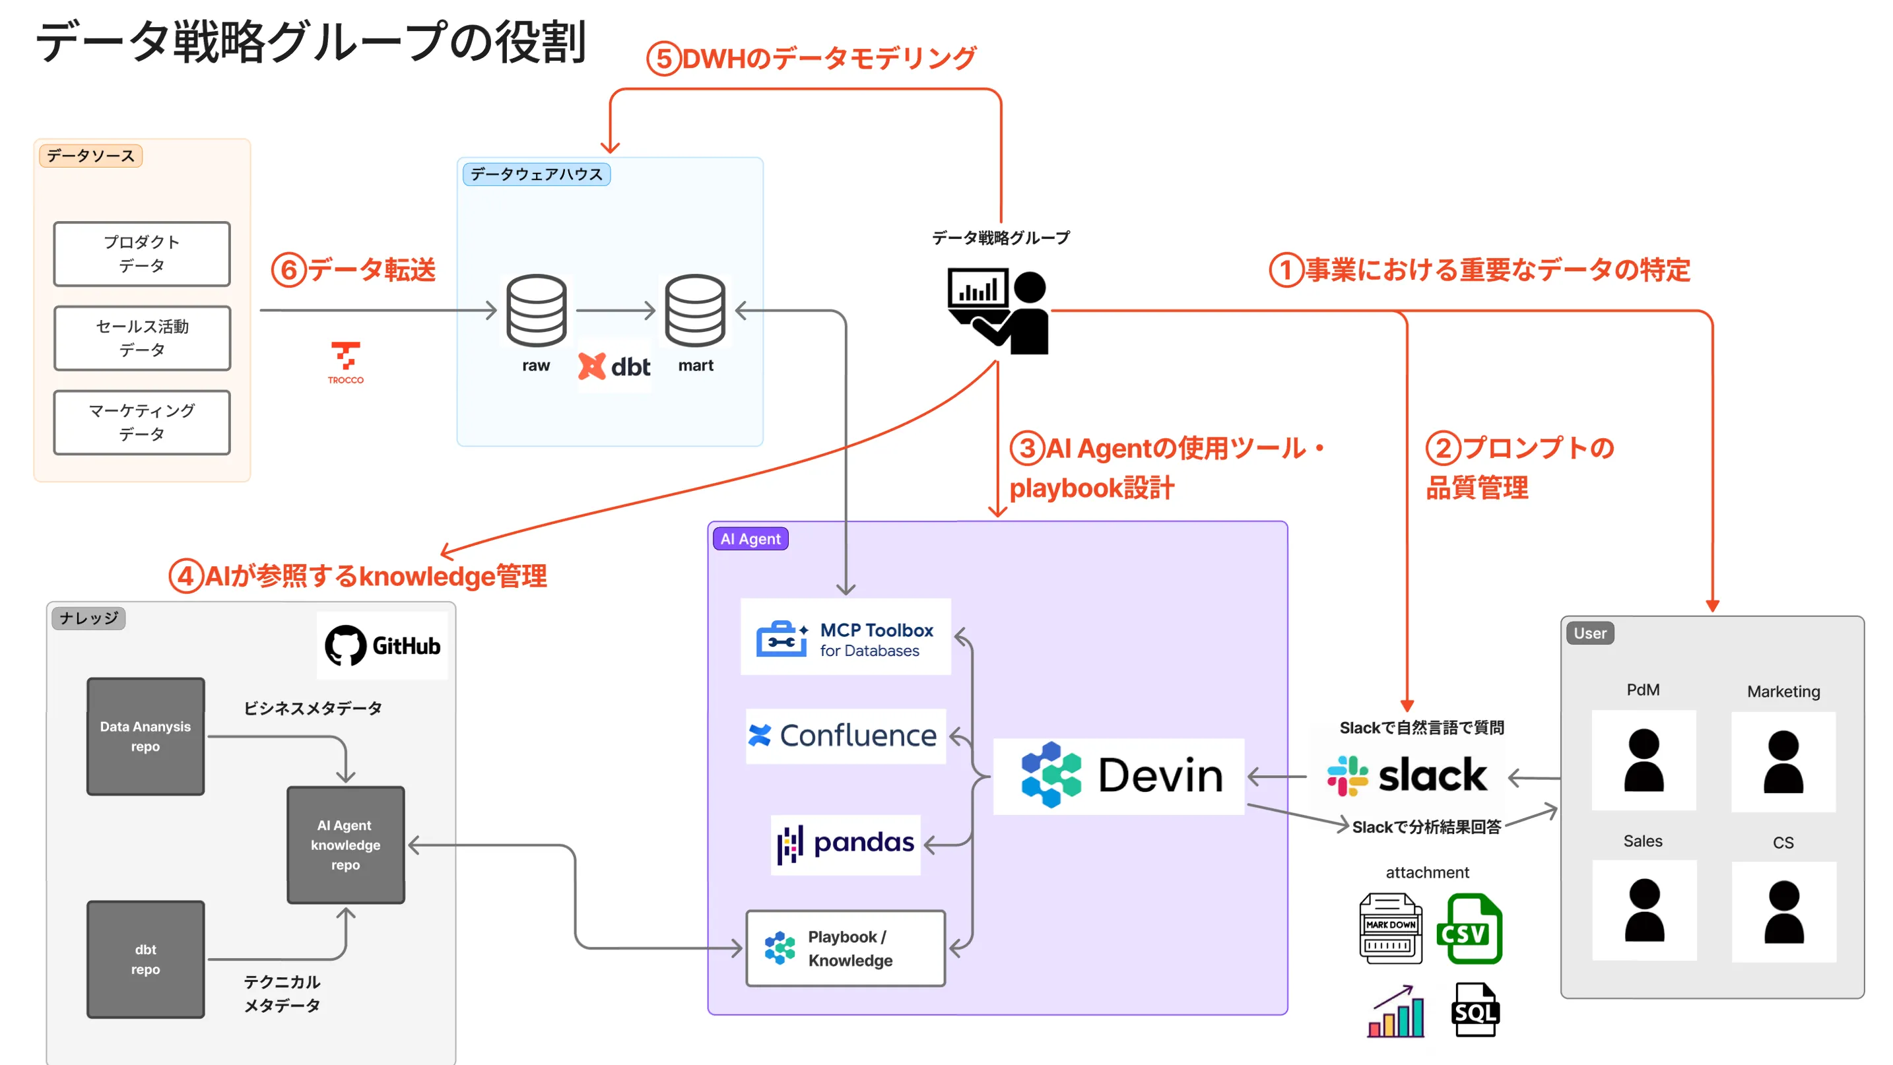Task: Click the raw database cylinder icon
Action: [x=537, y=310]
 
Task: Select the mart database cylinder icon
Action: [x=695, y=310]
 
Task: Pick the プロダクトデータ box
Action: [x=142, y=253]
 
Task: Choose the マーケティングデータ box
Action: [x=142, y=422]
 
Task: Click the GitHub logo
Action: [x=383, y=645]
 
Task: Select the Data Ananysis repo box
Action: [x=145, y=736]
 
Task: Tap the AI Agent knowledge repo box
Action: [x=345, y=845]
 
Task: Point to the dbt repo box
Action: [x=145, y=959]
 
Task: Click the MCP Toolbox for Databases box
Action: [x=845, y=637]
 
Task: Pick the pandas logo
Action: [x=845, y=844]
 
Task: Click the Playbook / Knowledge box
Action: [x=845, y=948]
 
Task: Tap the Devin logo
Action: [x=1119, y=775]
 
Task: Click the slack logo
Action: [x=1407, y=775]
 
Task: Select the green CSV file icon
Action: [x=1473, y=929]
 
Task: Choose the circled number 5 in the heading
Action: [x=663, y=59]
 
